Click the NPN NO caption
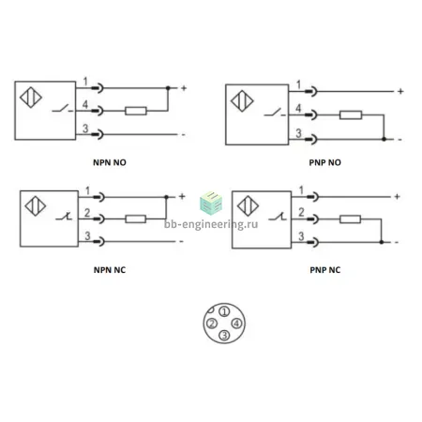pos(110,162)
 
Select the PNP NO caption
pos(325,162)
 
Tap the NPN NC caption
pos(110,270)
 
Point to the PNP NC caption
pos(325,270)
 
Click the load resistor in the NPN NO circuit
pos(136,111)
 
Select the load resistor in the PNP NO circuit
pos(351,115)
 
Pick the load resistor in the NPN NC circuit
pos(135,219)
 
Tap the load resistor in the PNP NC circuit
pos(350,219)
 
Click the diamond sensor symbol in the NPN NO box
pos(31,98)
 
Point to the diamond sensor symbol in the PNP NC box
pos(248,205)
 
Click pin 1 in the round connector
pos(224,311)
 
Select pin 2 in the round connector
pos(212,324)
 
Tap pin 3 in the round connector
pos(224,336)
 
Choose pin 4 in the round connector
pos(236,324)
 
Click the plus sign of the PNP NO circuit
pos(400,91)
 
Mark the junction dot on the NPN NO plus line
pos(168,88)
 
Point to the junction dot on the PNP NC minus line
pos(382,242)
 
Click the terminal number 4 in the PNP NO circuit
pos(298,108)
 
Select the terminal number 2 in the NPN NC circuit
pos(87,213)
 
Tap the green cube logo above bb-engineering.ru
pos(211,203)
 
